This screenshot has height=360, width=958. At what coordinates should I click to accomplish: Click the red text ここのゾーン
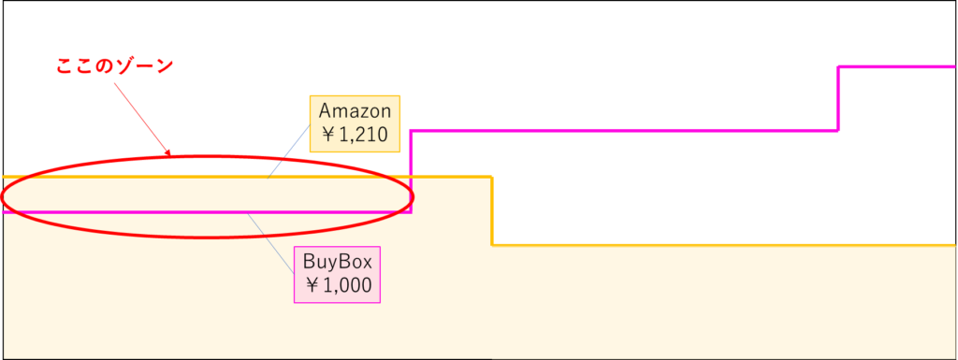[x=115, y=67]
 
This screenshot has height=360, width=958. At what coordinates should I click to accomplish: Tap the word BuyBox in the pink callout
[x=338, y=263]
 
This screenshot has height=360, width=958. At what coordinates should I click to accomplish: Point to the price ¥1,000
[x=338, y=285]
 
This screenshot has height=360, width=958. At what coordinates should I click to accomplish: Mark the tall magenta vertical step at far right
[x=837, y=98]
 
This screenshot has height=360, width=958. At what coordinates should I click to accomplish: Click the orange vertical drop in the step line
[x=493, y=210]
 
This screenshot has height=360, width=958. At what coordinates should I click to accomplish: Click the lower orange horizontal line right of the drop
[x=720, y=245]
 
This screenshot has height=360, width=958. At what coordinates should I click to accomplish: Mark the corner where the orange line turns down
[x=493, y=177]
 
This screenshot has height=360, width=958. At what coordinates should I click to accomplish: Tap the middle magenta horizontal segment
[x=622, y=130]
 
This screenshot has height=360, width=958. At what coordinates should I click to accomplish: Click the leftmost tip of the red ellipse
[x=3, y=196]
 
